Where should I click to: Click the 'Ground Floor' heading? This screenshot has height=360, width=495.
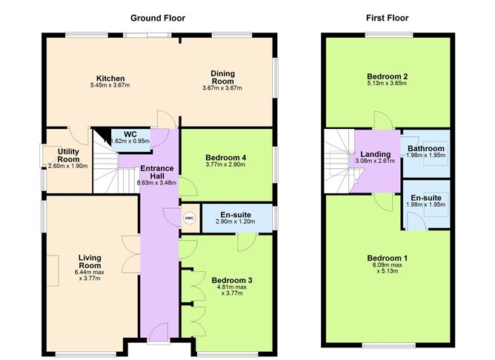point(158,18)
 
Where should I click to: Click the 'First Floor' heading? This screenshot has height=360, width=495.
point(387,18)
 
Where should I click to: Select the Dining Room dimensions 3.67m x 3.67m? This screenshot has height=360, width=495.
point(222,88)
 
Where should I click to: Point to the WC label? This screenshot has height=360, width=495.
point(120,133)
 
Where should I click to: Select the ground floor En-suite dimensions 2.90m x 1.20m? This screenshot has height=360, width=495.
point(234,221)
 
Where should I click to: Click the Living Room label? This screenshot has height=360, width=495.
point(90,261)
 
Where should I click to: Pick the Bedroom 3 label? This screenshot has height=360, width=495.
point(232,280)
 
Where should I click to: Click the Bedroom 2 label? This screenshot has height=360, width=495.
point(388,76)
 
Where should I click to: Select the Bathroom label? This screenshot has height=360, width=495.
point(426,148)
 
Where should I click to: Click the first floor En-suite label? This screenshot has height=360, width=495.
point(426,198)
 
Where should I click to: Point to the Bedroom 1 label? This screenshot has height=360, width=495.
point(388,258)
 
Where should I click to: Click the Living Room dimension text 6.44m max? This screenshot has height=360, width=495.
point(90,273)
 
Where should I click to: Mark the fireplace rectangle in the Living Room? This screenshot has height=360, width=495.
point(54,267)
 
